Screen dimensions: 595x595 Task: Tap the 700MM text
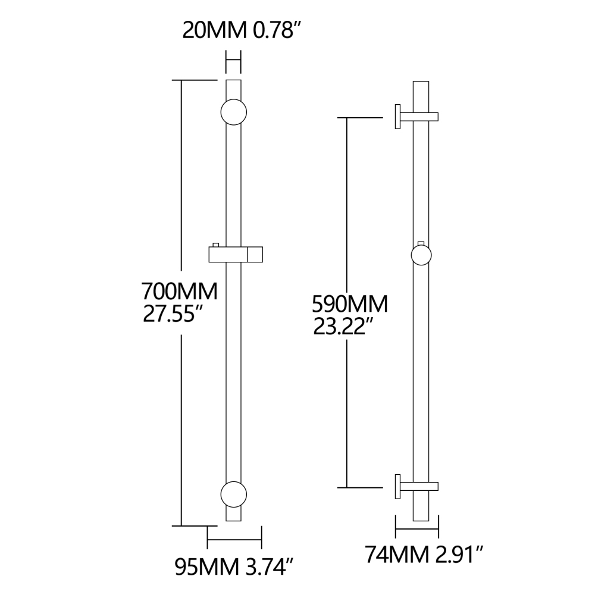tap(179, 292)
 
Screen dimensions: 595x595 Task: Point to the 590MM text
tap(350, 304)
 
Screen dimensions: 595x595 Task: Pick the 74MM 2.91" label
tap(423, 556)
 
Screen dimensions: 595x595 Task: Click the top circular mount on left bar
tap(233, 111)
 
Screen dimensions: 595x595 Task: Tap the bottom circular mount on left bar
tap(233, 493)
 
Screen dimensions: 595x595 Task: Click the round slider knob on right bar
tap(421, 255)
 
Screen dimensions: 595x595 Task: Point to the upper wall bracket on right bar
tap(416, 116)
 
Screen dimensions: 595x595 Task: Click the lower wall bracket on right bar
tap(416, 486)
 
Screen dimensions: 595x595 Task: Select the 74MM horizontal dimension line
tap(417, 530)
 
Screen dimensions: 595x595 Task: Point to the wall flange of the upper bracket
tap(396, 116)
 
